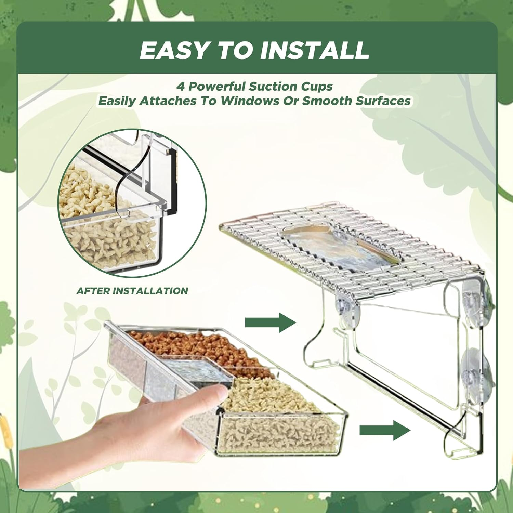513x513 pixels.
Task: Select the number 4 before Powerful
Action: [x=181, y=87]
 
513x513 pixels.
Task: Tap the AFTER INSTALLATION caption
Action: [x=132, y=291]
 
